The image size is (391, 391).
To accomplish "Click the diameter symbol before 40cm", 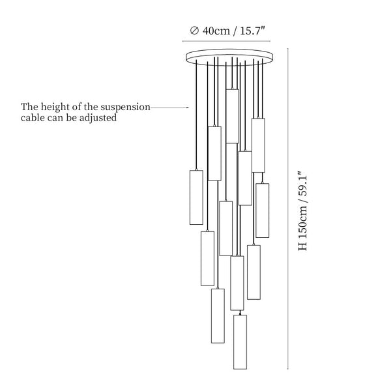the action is [194, 31].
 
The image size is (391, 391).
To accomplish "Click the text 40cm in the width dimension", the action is [216, 31].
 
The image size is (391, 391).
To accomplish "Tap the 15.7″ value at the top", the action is [252, 31].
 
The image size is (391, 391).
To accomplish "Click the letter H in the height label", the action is [303, 246].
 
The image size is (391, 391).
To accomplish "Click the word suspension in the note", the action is [125, 108].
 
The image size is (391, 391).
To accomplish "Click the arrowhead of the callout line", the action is [188, 108].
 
